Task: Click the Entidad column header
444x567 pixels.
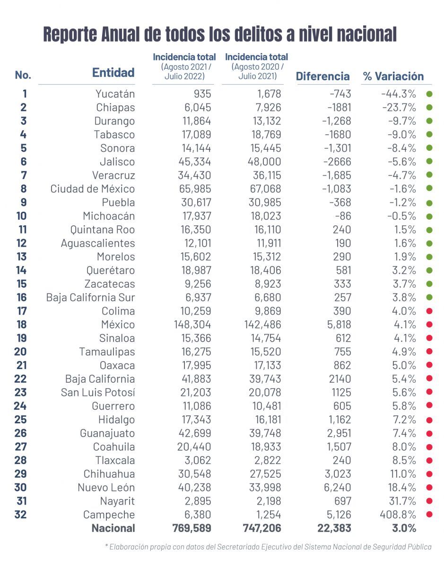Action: point(113,72)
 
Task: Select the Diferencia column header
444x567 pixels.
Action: point(322,76)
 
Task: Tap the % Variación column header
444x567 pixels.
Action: point(393,76)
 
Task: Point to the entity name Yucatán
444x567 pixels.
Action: point(115,94)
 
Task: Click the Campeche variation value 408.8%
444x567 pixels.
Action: point(398,515)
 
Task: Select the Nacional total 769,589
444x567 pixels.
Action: point(192,528)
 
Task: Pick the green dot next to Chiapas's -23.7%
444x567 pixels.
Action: point(429,107)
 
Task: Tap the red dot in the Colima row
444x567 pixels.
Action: point(429,311)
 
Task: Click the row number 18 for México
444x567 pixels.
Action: point(21,324)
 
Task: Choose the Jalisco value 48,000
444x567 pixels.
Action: point(264,162)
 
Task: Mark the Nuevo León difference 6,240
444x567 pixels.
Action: point(337,488)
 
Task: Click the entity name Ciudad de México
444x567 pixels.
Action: point(93,189)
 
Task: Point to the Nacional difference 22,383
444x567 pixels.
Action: point(334,528)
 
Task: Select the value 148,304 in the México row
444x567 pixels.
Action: point(192,324)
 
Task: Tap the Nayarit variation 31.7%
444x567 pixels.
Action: point(402,501)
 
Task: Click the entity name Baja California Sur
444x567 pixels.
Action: point(91,298)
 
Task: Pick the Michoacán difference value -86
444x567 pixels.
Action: point(343,216)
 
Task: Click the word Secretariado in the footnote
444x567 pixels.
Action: point(244,547)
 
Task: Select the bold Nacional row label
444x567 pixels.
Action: point(113,528)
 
